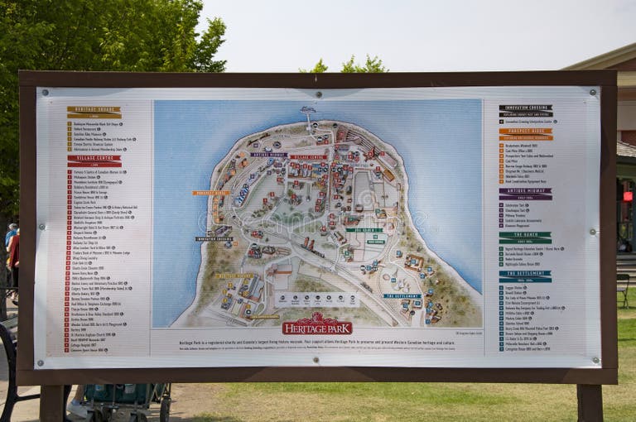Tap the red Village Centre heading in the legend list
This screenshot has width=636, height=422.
[x=94, y=157]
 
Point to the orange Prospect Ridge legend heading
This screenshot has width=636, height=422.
[x=525, y=132]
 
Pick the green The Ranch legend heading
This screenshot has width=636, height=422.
[x=525, y=234]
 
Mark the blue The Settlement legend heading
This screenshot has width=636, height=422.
[x=525, y=273]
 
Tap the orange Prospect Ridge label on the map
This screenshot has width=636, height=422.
[x=211, y=193]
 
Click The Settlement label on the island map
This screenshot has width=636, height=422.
[x=402, y=295]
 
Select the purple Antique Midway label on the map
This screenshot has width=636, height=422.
[x=269, y=154]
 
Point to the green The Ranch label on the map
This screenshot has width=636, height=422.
[x=364, y=230]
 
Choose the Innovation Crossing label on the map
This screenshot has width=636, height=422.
[x=214, y=239]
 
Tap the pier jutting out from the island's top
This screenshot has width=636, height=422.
[x=309, y=117]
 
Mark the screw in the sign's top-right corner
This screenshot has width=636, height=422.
[x=593, y=92]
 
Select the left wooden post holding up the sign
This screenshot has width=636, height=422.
[x=51, y=402]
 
